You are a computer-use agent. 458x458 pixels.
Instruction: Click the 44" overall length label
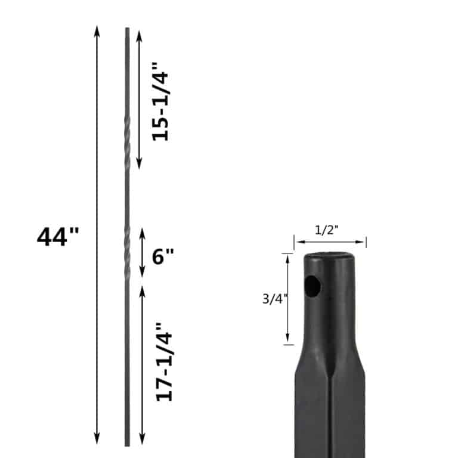click(57, 237)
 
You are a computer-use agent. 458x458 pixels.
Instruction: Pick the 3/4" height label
click(275, 299)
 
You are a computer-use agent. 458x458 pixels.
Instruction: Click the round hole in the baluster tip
click(312, 287)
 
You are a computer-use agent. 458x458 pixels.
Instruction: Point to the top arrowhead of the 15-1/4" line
click(140, 35)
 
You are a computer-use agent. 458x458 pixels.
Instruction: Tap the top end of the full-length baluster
click(127, 29)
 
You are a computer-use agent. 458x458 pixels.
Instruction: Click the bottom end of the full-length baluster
click(127, 444)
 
